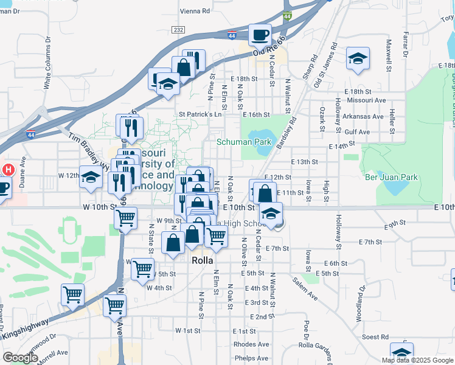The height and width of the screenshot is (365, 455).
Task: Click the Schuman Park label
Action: point(243,142)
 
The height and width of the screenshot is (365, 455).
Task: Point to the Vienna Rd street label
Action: point(195,11)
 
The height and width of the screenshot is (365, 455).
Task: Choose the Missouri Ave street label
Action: point(367,100)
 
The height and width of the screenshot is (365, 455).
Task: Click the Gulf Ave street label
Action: point(356,131)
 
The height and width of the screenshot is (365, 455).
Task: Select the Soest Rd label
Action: point(375,337)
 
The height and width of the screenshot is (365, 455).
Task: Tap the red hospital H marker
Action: point(9,170)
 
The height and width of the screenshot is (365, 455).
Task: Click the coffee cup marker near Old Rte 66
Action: point(260,35)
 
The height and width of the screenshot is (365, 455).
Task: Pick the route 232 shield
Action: point(178,29)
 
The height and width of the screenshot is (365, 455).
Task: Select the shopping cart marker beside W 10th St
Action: point(125,217)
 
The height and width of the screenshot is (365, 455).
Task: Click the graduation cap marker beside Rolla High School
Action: point(271,213)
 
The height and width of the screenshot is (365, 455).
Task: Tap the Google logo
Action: point(20,358)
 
